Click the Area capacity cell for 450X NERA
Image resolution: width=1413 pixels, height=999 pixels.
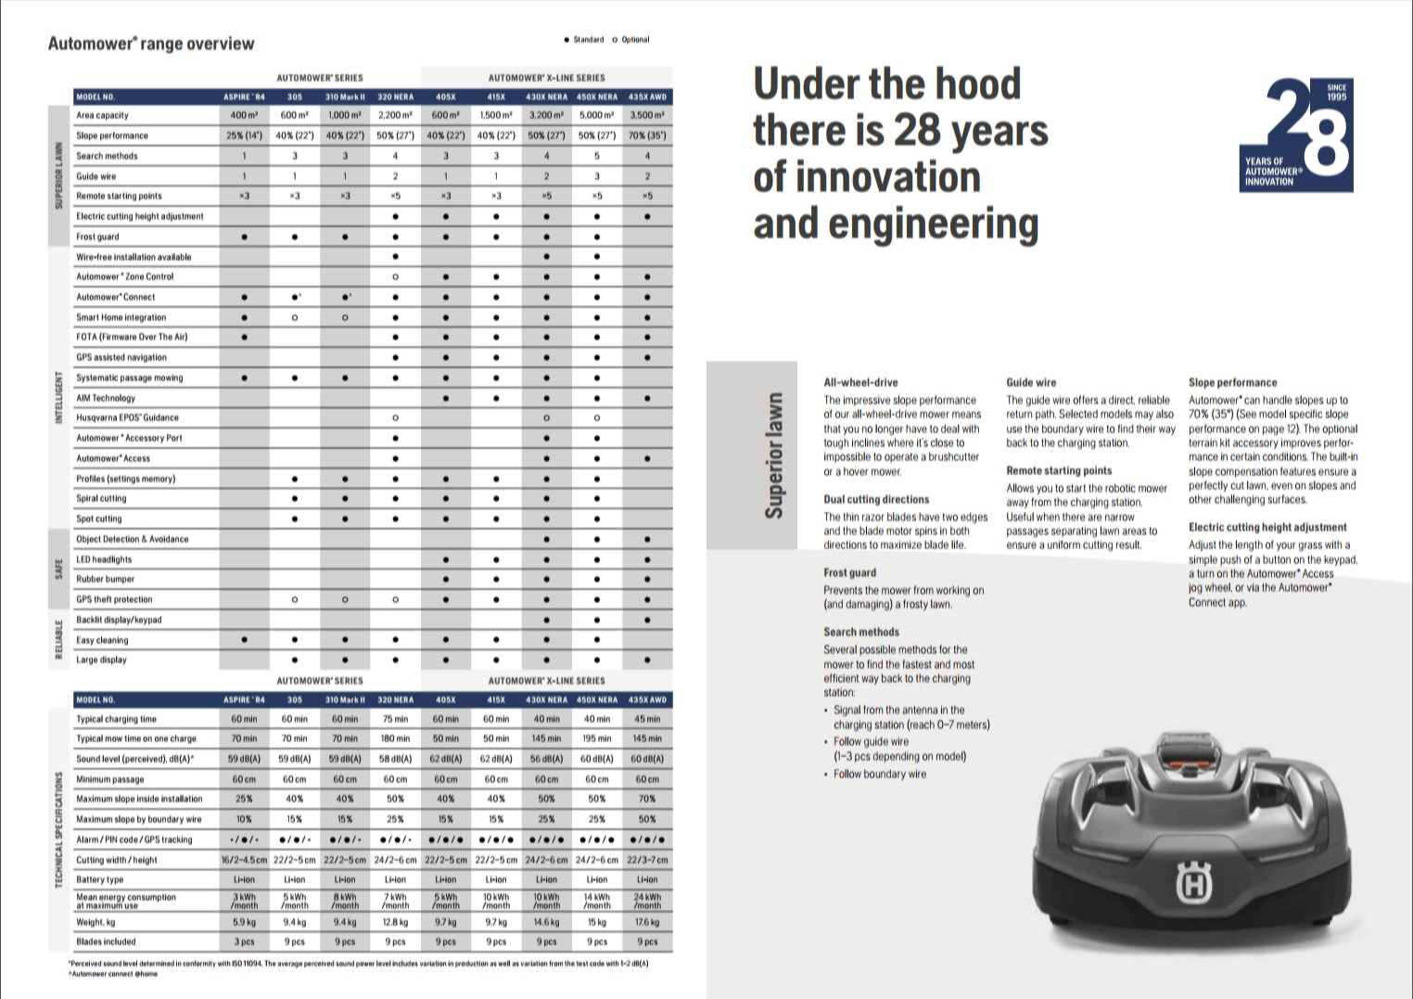pos(597,115)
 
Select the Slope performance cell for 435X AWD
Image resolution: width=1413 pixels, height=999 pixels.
pos(647,135)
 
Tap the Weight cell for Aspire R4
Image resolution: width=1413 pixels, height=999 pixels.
pos(244,922)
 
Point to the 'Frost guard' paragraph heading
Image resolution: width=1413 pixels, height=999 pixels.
pos(849,572)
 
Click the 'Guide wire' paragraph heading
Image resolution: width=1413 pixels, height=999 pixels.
pos(1031,382)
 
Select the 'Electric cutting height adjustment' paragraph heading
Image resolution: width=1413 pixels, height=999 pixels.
pos(1267,527)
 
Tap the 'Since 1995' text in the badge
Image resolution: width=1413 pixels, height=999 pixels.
pos(1336,92)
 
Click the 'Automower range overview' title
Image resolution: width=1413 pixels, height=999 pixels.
pos(151,44)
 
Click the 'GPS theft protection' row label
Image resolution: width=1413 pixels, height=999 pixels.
pos(114,599)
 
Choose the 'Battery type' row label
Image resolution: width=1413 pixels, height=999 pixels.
pos(99,879)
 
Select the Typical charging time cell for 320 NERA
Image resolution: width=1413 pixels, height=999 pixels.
pos(395,719)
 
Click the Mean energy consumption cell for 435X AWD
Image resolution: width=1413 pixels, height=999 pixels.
pos(647,901)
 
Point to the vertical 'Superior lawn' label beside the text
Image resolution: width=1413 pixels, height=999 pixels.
pos(773,455)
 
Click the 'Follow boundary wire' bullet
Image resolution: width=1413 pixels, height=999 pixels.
pos(879,774)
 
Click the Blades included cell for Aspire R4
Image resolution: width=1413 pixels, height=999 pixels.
pos(244,941)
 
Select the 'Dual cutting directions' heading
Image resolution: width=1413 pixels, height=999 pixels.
pos(876,499)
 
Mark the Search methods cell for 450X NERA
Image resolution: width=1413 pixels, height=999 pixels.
pos(597,156)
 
